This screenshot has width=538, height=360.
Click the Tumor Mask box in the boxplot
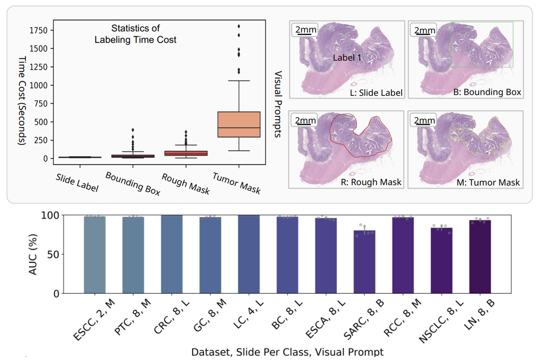(x=239, y=124)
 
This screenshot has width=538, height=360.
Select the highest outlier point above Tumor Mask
(x=239, y=26)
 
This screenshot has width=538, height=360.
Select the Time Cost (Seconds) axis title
(x=22, y=101)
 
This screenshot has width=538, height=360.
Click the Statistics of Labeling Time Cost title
(x=136, y=35)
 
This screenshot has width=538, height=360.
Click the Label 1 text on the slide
(x=347, y=58)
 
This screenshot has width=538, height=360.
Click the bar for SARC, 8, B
(x=364, y=262)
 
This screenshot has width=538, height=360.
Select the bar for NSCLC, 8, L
(x=442, y=261)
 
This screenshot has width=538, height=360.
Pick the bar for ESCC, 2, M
(x=94, y=254)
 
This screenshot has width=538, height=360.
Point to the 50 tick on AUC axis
(x=51, y=254)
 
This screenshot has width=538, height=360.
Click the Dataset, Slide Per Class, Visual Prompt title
(x=287, y=352)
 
